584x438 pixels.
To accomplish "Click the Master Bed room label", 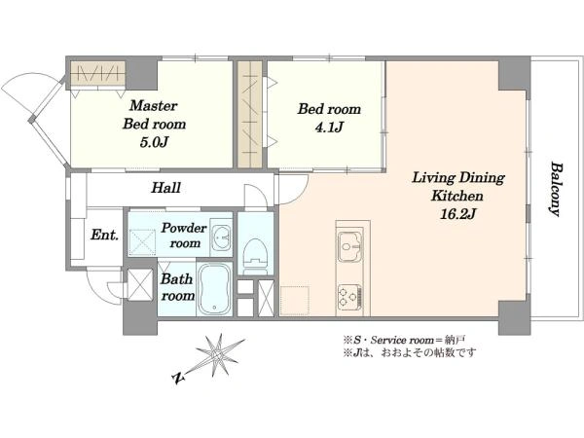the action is pos(154,115).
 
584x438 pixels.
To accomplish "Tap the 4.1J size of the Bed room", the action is pos(329,128).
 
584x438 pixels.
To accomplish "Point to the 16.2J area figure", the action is pos(457,214).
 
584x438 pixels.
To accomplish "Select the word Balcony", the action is pos(556,189).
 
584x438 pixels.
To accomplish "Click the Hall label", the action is pos(165,187).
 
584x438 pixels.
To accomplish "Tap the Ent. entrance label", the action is pos(105,235).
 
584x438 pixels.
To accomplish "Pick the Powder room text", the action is pos(184,236).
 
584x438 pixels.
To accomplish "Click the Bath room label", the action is pos(178,287).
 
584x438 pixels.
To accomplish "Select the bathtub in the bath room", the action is pos(214,289).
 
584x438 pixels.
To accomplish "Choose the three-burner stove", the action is pos(349,297).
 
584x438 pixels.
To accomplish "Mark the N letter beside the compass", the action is pos(179,379).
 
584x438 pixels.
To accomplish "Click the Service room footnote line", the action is pos(404,340).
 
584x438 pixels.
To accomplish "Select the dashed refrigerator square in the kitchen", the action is pos(295,301).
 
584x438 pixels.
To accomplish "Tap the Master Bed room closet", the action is pos(98,72).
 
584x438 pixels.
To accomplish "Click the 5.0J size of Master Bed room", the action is pos(154,142).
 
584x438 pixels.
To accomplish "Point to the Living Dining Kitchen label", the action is pos(457,186).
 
